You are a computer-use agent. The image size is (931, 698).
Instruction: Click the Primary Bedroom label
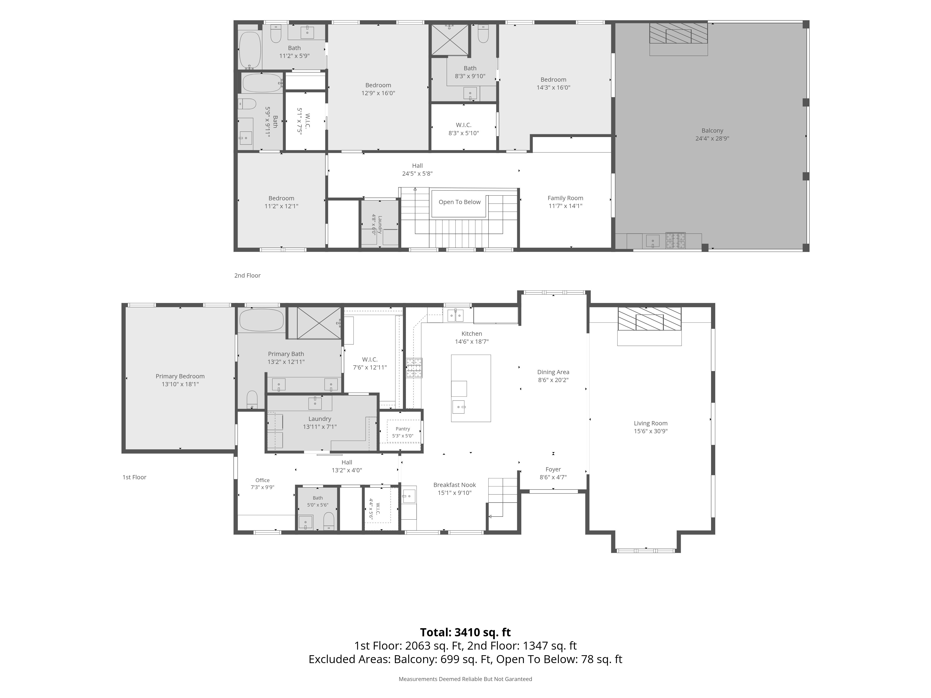[x=180, y=376]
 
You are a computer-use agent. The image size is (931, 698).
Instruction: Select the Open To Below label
[x=460, y=202]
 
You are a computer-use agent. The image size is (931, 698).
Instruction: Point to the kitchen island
[x=471, y=388]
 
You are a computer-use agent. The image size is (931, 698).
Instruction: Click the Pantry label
[x=403, y=429]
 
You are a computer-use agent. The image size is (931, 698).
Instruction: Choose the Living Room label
[x=651, y=423]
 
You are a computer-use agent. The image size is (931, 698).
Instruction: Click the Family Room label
[x=565, y=198]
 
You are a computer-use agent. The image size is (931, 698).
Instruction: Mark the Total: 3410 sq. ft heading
[x=465, y=632]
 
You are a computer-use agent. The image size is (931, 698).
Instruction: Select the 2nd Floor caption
[x=247, y=275]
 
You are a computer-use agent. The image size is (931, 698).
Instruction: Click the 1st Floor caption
[x=134, y=477]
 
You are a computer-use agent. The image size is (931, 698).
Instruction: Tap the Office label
[x=263, y=480]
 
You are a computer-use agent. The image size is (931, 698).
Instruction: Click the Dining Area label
[x=553, y=372]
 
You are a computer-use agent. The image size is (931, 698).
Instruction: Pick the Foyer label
[x=553, y=469]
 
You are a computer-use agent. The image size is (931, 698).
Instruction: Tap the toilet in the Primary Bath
[x=252, y=400]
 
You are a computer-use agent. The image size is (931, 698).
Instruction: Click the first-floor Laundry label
[x=320, y=419]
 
